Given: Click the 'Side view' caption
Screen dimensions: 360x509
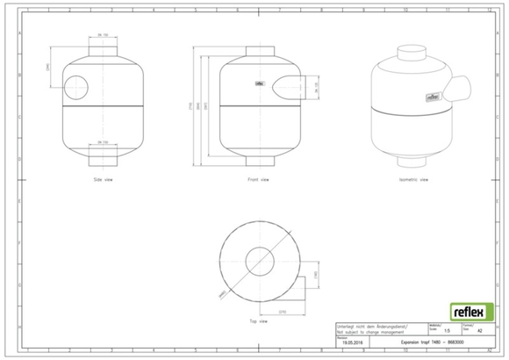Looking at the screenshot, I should [x=103, y=179].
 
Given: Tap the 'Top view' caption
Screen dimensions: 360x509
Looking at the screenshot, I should [x=257, y=321].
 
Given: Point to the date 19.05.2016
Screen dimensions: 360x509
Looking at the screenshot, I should [x=352, y=343].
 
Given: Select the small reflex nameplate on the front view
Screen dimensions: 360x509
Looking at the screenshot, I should [x=260, y=85].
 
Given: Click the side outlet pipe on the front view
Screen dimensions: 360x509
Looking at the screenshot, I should [x=290, y=85].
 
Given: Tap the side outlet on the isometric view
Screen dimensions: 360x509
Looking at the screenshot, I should [x=461, y=89].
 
